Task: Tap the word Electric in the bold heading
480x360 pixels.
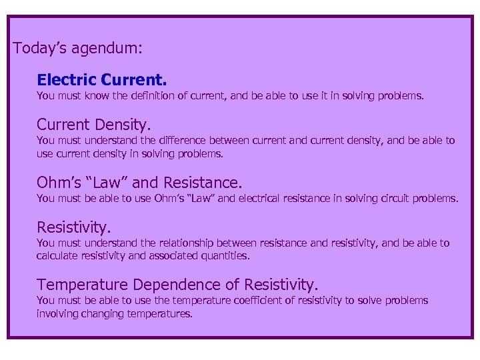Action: coord(67,81)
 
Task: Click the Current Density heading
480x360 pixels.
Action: coord(94,125)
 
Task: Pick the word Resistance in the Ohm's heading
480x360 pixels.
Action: coord(203,183)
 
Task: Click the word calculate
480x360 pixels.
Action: coord(58,255)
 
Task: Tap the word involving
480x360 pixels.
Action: coord(57,313)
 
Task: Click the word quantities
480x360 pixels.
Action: coord(227,255)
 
